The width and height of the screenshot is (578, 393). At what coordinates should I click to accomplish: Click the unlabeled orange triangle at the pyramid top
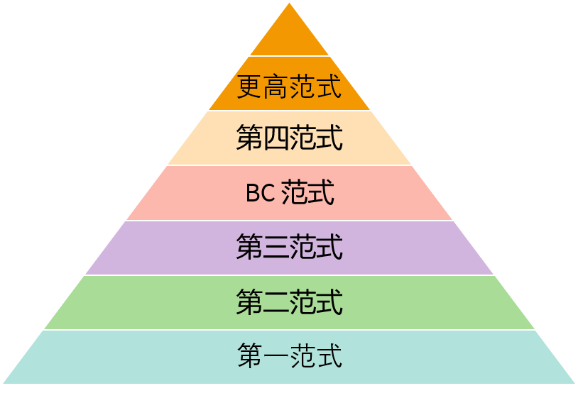(290, 37)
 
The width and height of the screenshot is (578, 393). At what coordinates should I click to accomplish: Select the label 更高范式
(290, 87)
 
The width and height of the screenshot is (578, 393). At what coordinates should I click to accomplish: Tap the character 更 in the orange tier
(249, 87)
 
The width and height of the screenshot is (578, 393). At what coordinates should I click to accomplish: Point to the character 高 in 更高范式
(276, 87)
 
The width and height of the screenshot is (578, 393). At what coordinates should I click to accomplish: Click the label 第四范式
(290, 138)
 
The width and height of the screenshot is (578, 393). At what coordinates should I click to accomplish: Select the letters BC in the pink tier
(261, 192)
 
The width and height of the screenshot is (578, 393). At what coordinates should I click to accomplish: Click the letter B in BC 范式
(253, 192)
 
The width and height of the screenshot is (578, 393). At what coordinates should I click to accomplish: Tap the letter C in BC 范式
(268, 192)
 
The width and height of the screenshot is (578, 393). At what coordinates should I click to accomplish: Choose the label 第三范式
(290, 246)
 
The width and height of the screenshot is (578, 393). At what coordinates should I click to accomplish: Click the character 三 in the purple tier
(276, 246)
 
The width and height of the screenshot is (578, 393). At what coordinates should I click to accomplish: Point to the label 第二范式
(290, 301)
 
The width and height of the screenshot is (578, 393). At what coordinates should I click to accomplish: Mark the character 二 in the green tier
(276, 302)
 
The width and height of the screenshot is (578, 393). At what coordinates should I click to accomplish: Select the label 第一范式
(290, 355)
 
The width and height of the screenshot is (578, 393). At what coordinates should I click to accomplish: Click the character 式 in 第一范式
(329, 355)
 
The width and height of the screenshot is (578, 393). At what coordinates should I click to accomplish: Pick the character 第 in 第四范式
(249, 138)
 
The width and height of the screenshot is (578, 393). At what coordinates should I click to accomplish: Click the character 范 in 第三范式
(302, 246)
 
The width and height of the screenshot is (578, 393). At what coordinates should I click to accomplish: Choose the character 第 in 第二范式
(249, 301)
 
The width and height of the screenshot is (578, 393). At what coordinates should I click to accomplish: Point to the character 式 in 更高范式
(329, 87)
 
